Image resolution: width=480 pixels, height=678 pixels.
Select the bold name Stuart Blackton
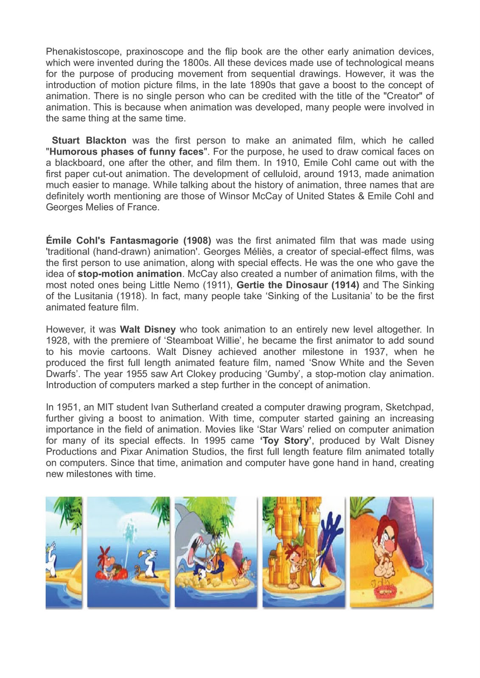[x=89, y=141]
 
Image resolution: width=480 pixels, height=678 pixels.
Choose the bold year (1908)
[x=197, y=241]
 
